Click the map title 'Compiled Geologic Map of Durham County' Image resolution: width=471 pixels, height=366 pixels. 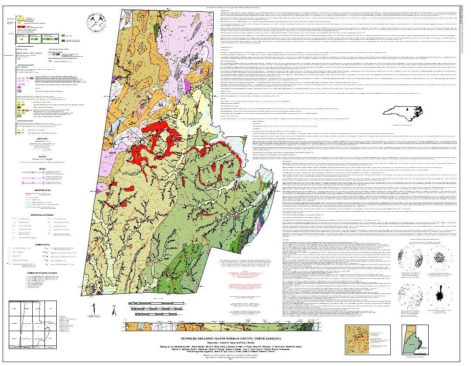click(x=232, y=339)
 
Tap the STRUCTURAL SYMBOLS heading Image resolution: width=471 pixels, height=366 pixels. click(x=42, y=215)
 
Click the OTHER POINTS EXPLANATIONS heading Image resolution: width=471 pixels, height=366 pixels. click(x=42, y=273)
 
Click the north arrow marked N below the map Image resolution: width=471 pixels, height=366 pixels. click(x=114, y=311)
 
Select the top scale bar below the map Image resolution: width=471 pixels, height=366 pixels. click(x=148, y=302)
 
